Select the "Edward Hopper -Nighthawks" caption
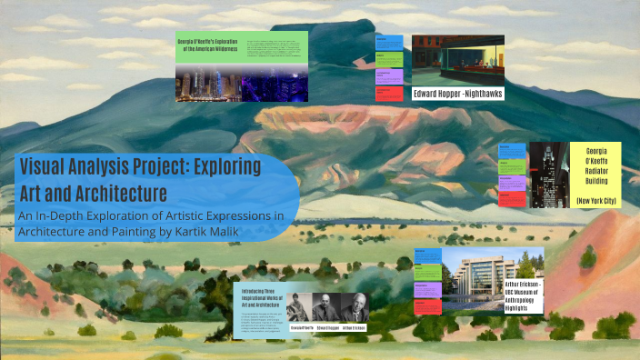(458, 93)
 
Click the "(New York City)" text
(596, 199)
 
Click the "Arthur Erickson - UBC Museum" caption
(524, 295)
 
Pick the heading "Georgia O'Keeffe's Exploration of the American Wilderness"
(211, 47)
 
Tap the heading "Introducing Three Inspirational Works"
(259, 295)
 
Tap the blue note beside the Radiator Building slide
(511, 150)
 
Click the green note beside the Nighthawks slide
(390, 60)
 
